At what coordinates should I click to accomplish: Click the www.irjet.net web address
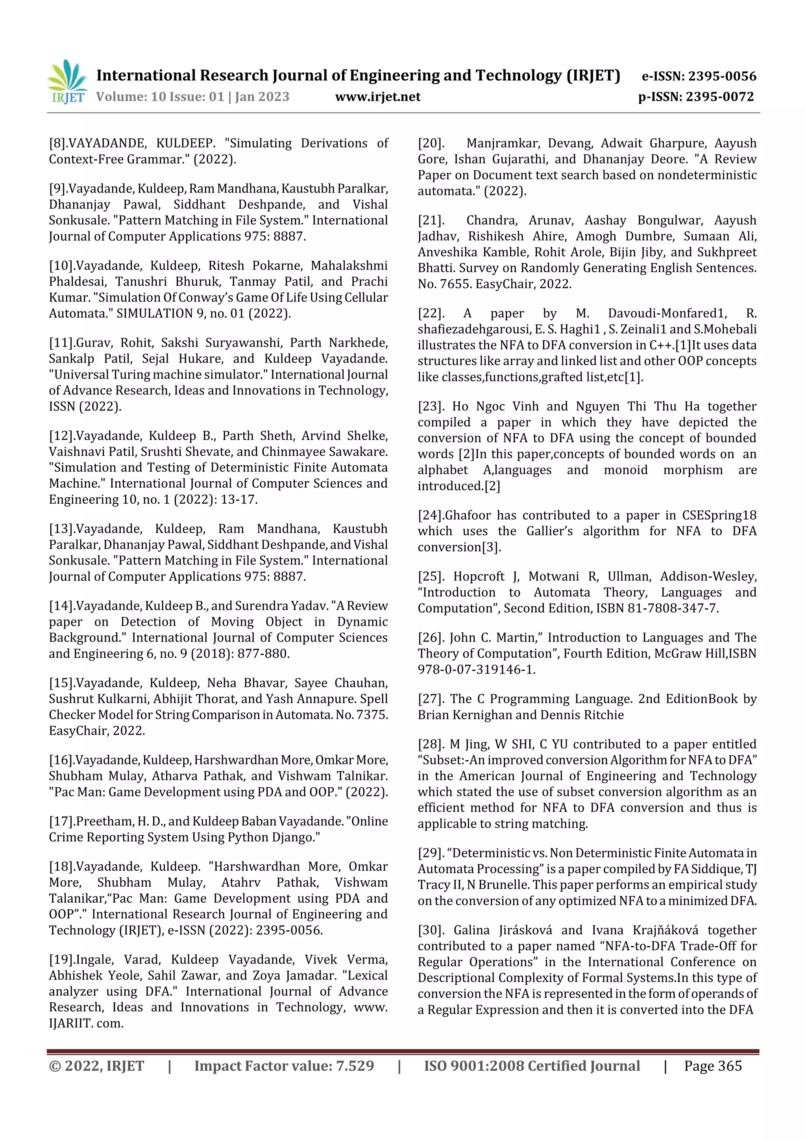377,96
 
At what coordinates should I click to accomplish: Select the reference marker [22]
431,313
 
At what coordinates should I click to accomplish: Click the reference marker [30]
431,930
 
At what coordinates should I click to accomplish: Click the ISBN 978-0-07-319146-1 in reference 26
476,670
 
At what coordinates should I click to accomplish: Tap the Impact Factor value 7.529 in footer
355,1065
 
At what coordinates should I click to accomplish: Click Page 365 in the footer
713,1065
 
